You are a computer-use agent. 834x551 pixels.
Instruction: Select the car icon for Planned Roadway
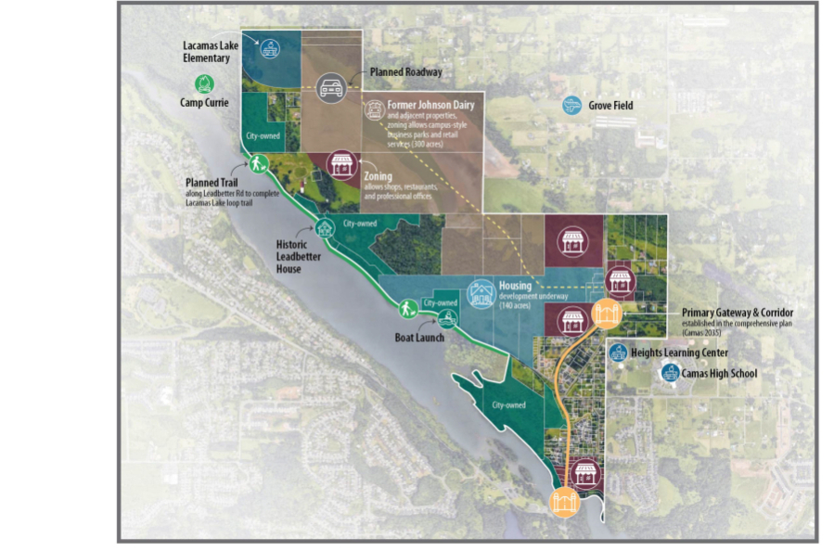(331, 86)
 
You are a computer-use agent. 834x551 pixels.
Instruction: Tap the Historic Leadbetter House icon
(325, 227)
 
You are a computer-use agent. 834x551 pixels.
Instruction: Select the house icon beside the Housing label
(481, 292)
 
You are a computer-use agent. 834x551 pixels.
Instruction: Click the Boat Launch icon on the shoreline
(448, 319)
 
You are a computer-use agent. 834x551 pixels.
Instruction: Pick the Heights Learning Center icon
(619, 352)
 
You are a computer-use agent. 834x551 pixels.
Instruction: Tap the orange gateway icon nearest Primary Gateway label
(606, 314)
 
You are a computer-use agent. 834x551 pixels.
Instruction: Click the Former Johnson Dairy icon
(374, 110)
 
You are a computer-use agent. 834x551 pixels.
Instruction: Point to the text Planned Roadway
(405, 71)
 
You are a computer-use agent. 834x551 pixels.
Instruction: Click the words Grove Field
(610, 106)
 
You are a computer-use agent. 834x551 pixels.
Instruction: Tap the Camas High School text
(719, 374)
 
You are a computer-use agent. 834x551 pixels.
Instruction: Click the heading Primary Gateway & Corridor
(738, 313)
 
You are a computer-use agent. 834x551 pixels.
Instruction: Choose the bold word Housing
(515, 286)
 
